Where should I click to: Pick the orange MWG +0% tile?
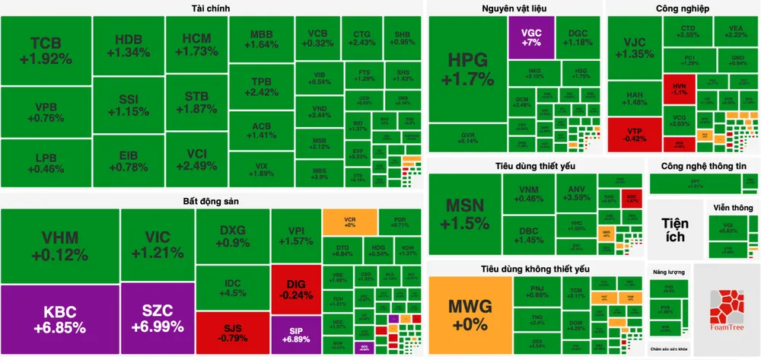470,314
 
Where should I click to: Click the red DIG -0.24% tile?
296,289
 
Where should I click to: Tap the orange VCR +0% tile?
350,221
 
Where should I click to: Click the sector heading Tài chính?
212,8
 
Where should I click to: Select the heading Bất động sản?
211,199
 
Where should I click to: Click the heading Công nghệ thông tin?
704,165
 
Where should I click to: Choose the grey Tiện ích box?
675,229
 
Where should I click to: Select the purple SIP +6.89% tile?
296,332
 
